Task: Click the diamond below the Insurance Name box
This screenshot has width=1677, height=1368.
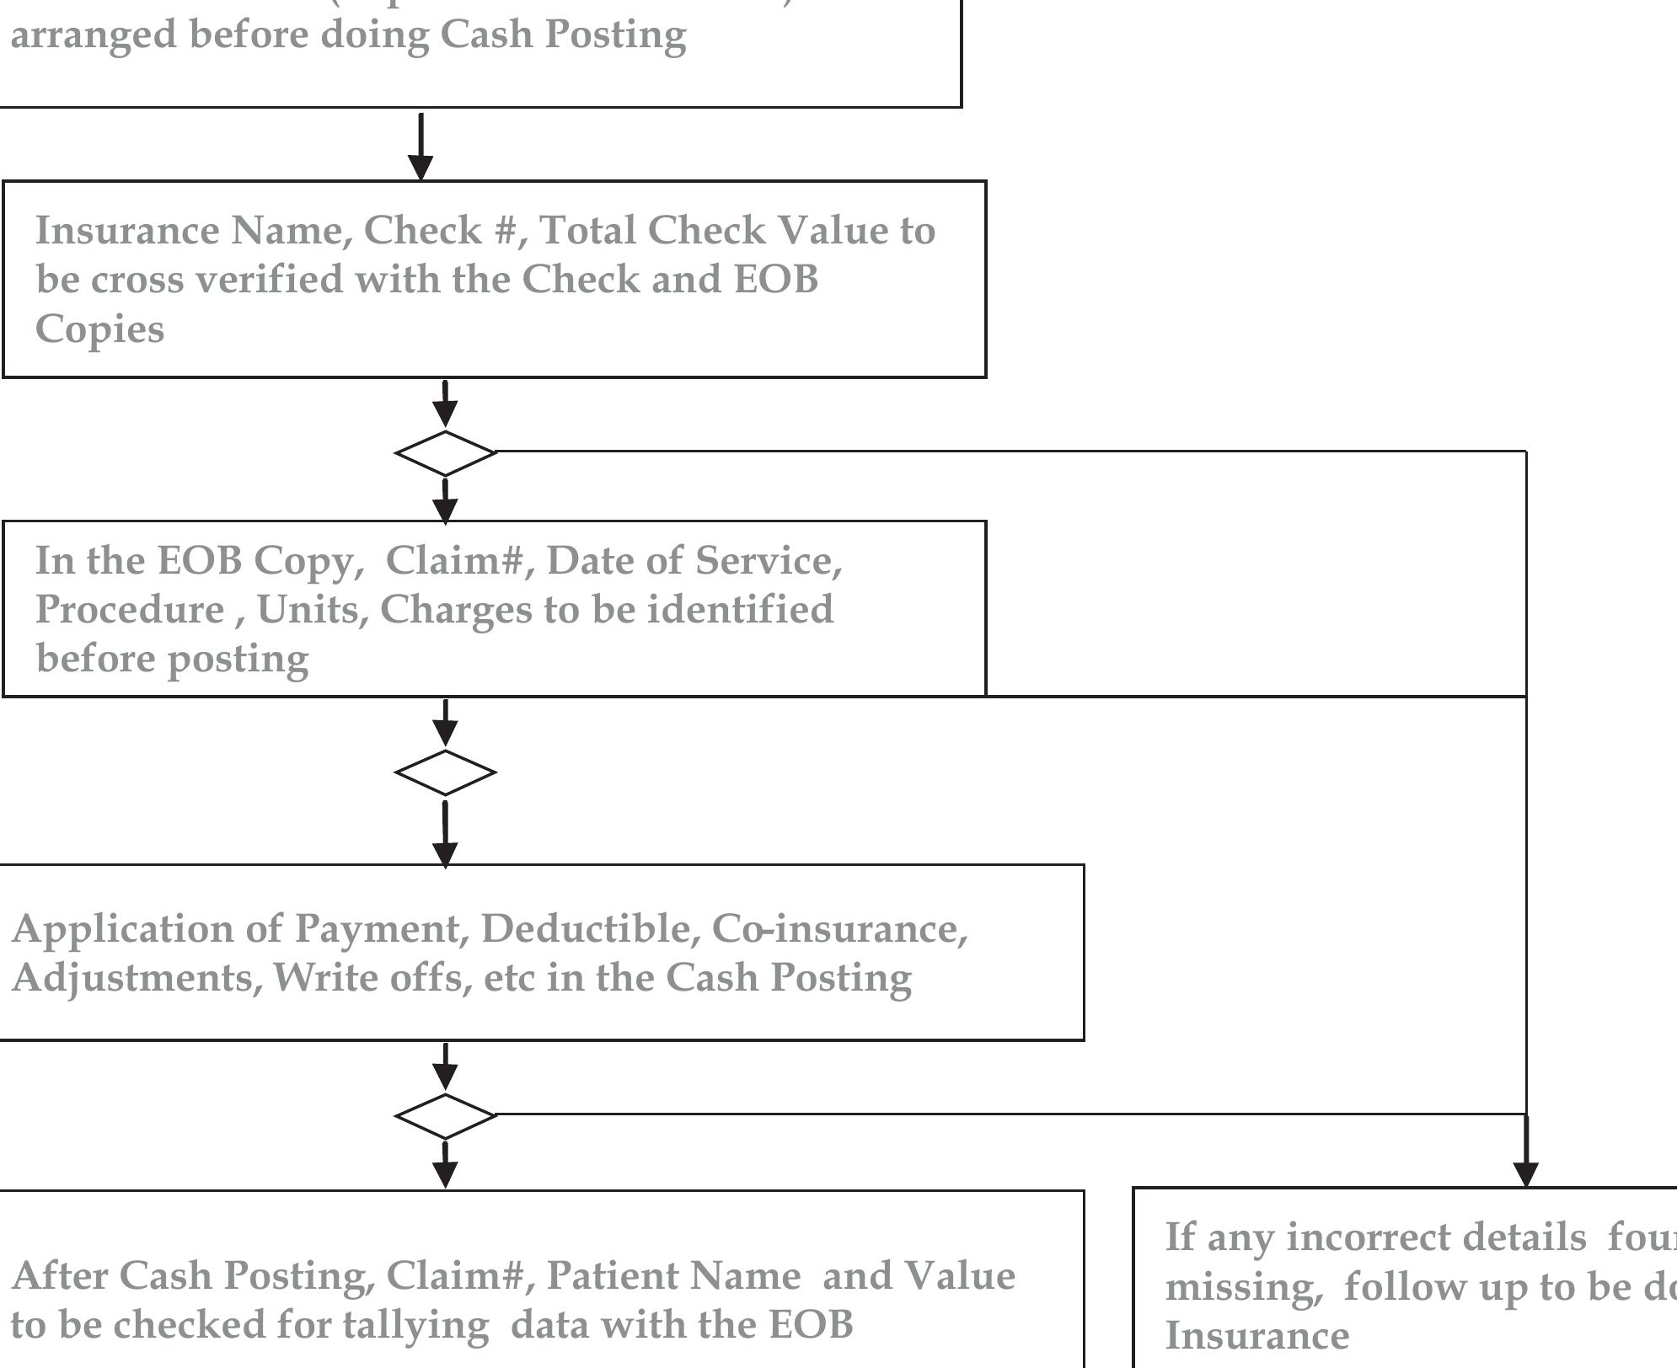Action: pos(446,453)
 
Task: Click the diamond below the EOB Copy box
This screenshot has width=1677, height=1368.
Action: pos(446,772)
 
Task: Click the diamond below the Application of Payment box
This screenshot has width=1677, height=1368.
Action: pos(446,1115)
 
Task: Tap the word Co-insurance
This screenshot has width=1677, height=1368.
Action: pos(839,928)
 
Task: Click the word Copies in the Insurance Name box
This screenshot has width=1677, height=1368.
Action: pos(99,329)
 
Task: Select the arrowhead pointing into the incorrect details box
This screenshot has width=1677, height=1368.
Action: pos(1526,1174)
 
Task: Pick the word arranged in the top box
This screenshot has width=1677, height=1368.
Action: pos(94,35)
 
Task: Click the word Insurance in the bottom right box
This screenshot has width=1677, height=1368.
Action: pos(1256,1335)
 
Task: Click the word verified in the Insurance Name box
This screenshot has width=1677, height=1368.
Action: pos(267,280)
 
